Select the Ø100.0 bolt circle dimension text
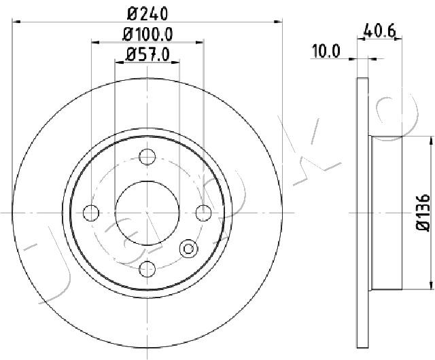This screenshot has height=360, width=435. coord(148,34)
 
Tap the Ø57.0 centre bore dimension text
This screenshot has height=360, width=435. coord(148,54)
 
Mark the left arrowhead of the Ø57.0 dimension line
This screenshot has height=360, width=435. coord(119,62)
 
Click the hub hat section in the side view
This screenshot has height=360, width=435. coord(385,213)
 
